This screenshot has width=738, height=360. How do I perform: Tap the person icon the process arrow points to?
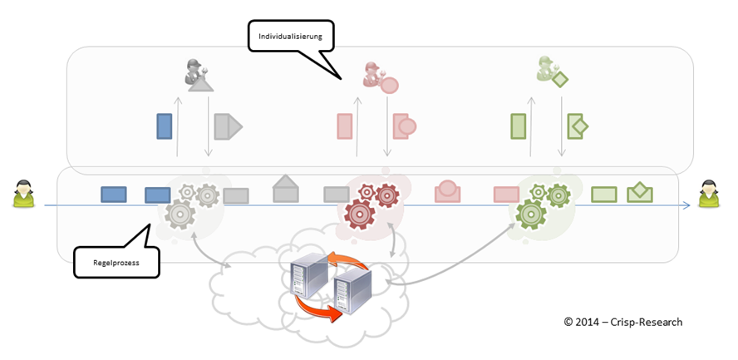709,195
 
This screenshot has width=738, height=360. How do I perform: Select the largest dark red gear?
362,213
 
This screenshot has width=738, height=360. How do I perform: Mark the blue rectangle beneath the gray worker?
165,126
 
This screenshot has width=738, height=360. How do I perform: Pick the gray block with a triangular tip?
227,126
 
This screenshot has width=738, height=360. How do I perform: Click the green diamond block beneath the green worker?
578,126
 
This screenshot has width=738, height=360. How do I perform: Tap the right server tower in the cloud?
349,287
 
